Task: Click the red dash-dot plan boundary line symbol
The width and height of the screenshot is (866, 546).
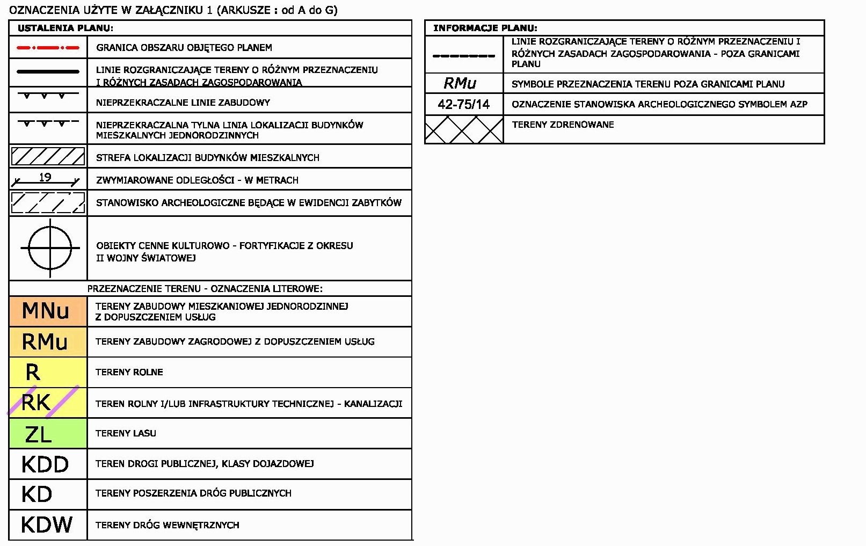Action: (x=48, y=48)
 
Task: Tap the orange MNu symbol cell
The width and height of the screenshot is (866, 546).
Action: (x=47, y=311)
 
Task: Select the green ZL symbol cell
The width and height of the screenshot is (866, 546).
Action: (x=47, y=433)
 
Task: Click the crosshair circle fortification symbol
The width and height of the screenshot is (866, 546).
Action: (x=50, y=248)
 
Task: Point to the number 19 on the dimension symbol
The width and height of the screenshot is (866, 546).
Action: (x=45, y=177)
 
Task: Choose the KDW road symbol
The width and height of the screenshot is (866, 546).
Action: (x=47, y=525)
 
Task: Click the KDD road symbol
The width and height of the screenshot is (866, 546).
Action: (x=45, y=464)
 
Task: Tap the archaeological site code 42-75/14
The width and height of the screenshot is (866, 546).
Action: (x=464, y=104)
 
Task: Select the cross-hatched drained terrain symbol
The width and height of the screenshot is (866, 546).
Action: (x=464, y=129)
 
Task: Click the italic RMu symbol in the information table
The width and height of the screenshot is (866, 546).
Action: (x=460, y=83)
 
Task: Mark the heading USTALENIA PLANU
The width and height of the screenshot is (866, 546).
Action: (x=66, y=28)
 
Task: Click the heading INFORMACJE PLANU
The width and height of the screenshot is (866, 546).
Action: (x=485, y=28)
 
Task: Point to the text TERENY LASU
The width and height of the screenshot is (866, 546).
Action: (x=126, y=433)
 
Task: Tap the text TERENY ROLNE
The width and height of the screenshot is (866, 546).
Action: (x=129, y=372)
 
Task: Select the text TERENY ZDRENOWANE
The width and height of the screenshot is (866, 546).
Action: (x=563, y=125)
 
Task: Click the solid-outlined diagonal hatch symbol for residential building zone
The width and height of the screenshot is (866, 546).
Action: (x=48, y=157)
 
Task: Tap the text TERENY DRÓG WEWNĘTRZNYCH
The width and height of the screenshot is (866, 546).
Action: (x=167, y=525)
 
